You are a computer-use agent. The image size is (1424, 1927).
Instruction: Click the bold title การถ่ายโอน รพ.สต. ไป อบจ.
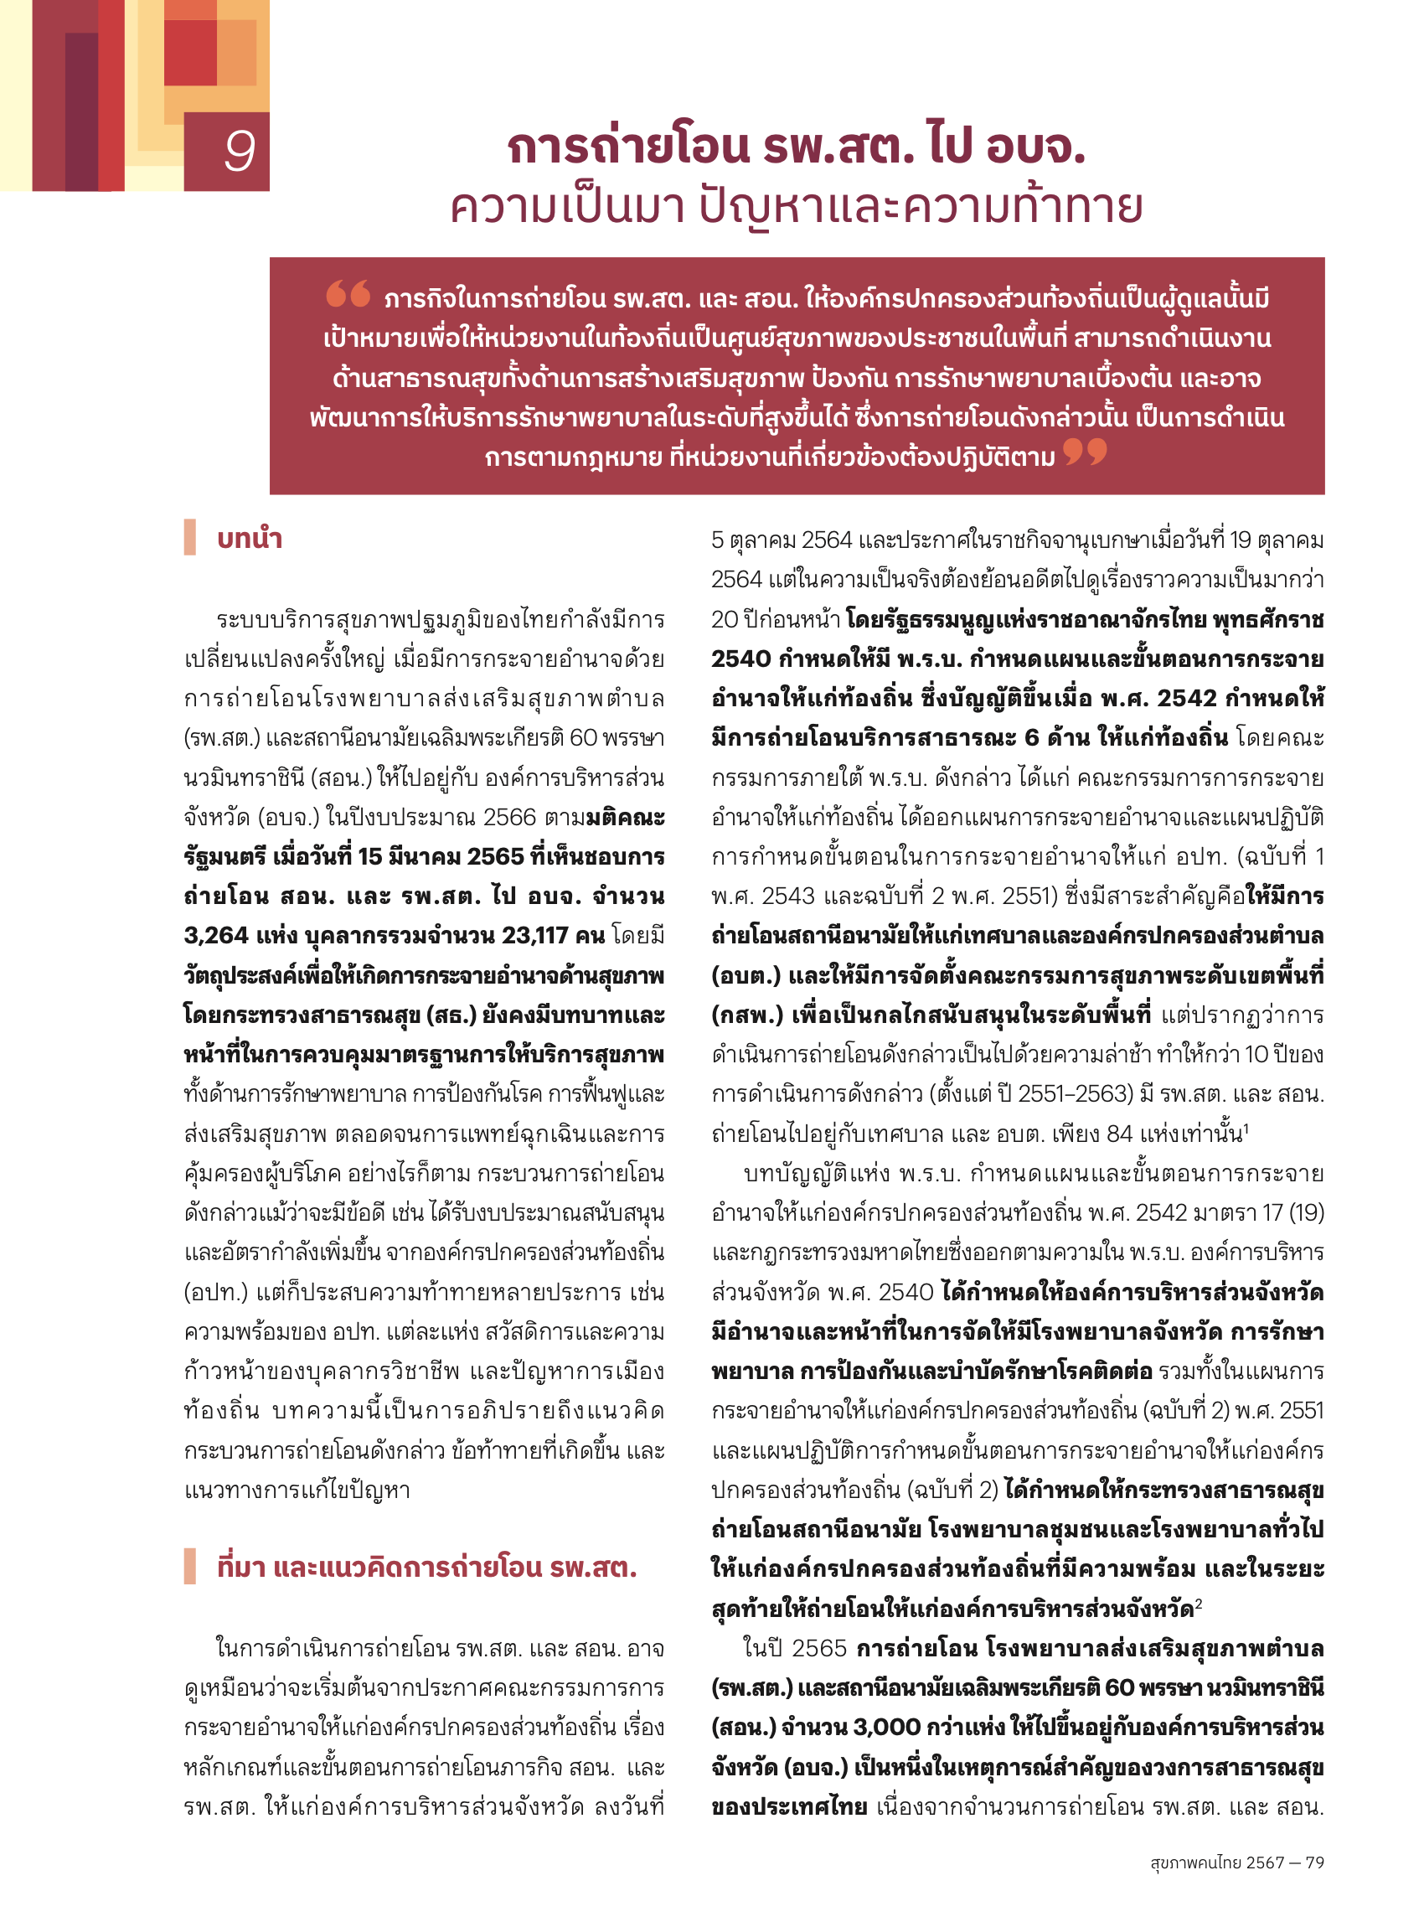click(x=796, y=146)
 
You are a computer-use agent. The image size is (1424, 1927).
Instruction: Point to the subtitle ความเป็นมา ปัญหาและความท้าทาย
click(x=796, y=208)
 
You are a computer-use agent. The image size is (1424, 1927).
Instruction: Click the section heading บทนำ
click(x=249, y=539)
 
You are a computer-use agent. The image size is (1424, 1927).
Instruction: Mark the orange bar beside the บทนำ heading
click(x=189, y=537)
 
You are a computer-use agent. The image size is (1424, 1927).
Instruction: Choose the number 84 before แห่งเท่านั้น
click(x=1118, y=1134)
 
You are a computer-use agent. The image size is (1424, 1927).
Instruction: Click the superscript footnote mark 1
click(x=1246, y=1126)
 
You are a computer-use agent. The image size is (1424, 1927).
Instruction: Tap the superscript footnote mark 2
click(x=1198, y=1601)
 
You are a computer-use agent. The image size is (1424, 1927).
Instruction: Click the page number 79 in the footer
click(x=1314, y=1862)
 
